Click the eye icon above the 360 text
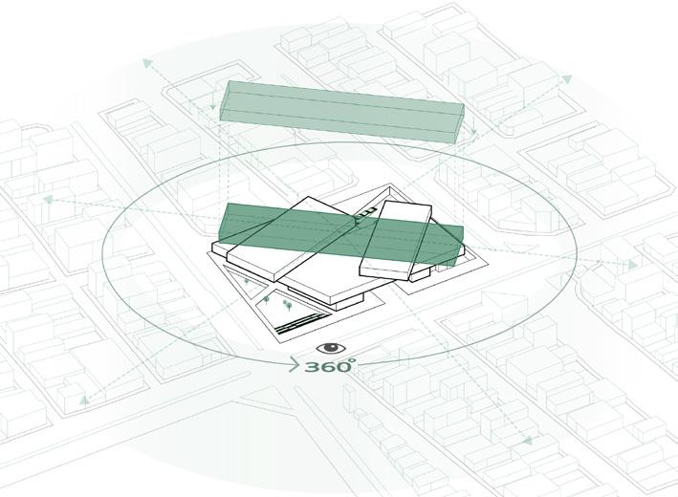328,349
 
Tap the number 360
328,367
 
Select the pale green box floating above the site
342,113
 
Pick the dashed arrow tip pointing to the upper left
146,62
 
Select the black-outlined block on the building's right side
395,239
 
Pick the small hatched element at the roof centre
360,221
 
